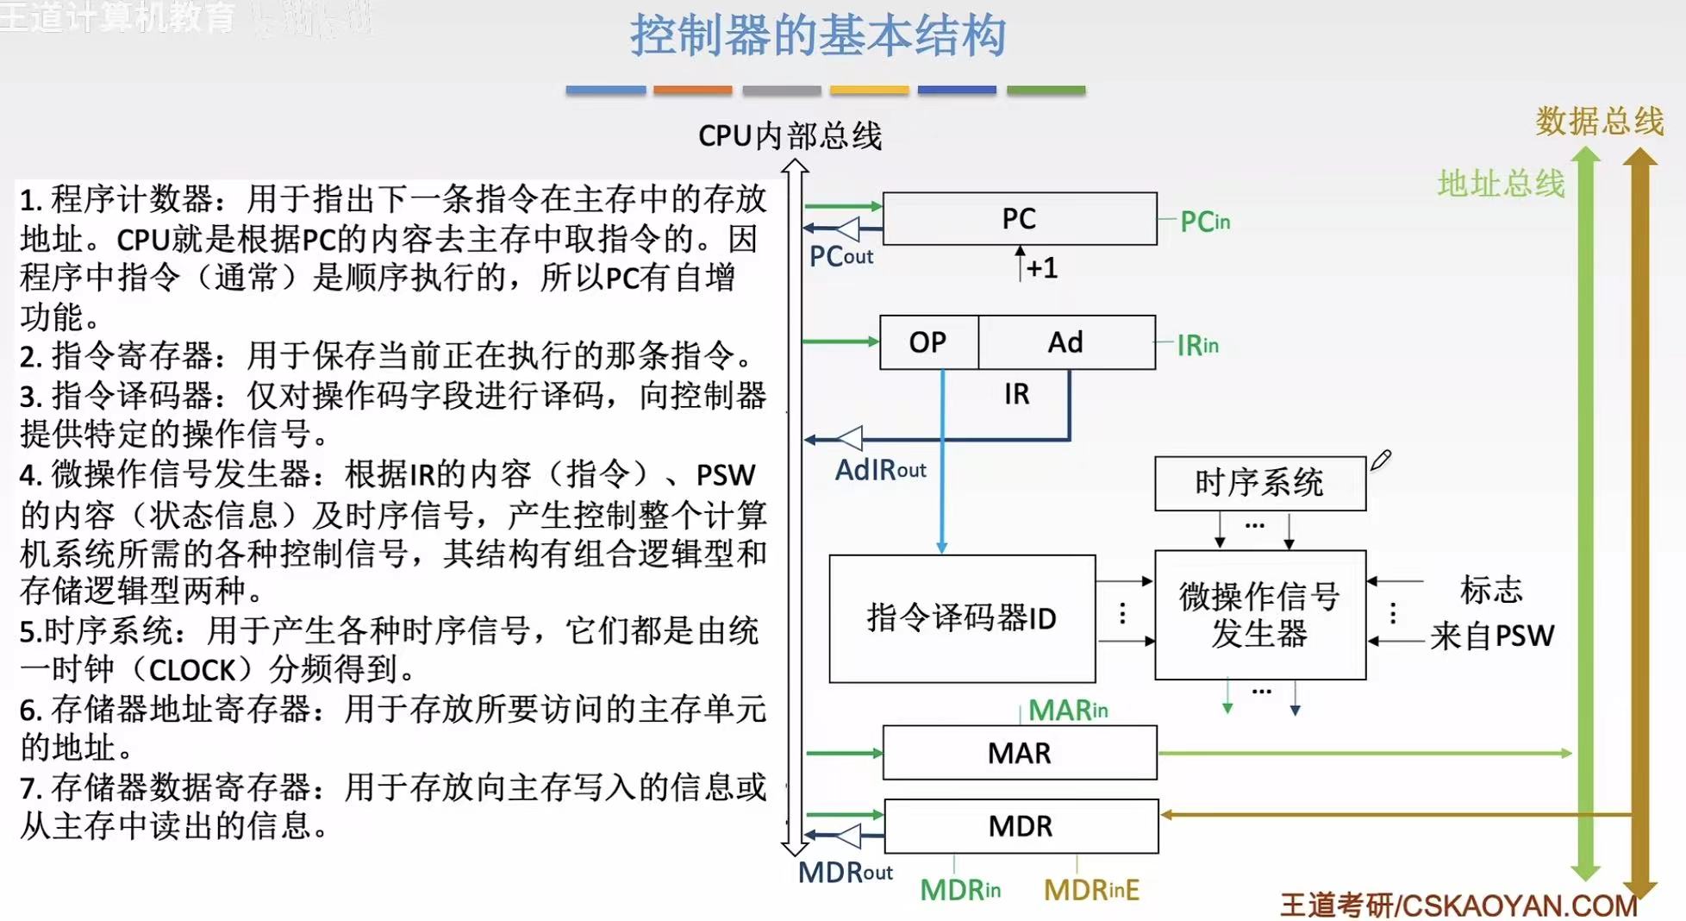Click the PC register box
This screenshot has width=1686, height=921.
click(1019, 219)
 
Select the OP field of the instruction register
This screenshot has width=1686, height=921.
click(928, 342)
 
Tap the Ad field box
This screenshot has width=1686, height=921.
click(1066, 342)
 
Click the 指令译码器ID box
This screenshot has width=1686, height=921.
click(961, 618)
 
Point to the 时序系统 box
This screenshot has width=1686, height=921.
click(1259, 483)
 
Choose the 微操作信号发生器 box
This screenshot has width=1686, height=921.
click(1259, 615)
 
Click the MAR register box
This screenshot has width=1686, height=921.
click(1019, 753)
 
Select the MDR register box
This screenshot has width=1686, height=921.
click(1021, 826)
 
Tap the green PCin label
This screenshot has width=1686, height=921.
click(1205, 222)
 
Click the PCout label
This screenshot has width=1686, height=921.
click(841, 256)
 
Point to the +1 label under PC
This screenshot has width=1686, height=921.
click(1041, 268)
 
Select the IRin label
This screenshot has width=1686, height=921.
click(1197, 346)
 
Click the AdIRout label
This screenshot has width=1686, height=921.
click(880, 470)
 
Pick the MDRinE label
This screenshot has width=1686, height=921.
click(1091, 890)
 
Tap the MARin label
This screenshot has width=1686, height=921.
click(1068, 710)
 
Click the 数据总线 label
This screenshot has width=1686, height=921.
click(1599, 121)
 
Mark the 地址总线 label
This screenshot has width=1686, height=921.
click(1501, 184)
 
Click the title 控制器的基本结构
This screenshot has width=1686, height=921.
click(817, 36)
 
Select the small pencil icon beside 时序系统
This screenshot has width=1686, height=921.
click(1381, 460)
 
